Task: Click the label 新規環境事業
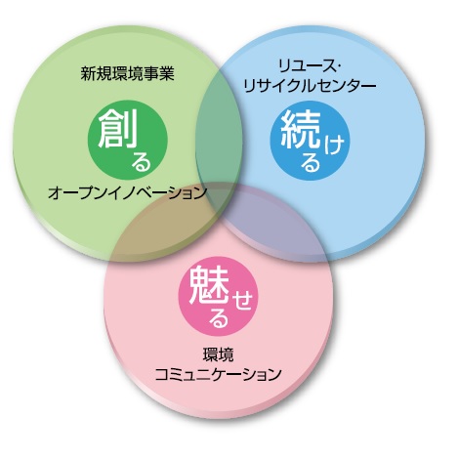[x=127, y=73]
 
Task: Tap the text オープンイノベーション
[x=127, y=192]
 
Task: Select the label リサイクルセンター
[x=310, y=86]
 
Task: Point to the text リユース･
[x=309, y=66]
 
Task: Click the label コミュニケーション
[x=218, y=374]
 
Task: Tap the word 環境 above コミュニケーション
[x=218, y=354]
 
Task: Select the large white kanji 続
[x=301, y=130]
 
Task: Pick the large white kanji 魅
[x=209, y=285]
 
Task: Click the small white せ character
[x=241, y=300]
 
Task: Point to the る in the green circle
[x=142, y=162]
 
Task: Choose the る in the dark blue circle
[x=311, y=162]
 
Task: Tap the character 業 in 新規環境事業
[x=167, y=73]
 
